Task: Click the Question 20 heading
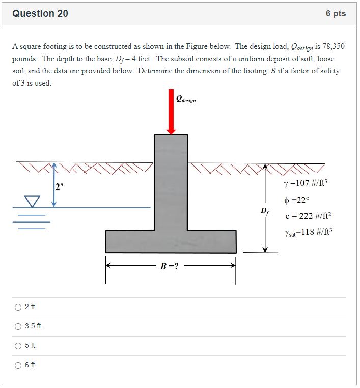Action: click(40, 14)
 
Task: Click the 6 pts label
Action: click(336, 14)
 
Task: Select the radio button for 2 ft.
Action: click(18, 307)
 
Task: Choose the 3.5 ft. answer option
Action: click(18, 326)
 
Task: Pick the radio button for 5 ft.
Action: click(18, 346)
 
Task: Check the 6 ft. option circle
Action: click(18, 365)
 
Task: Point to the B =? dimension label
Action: click(170, 266)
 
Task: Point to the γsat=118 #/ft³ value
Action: click(308, 233)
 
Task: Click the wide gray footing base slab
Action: click(171, 241)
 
